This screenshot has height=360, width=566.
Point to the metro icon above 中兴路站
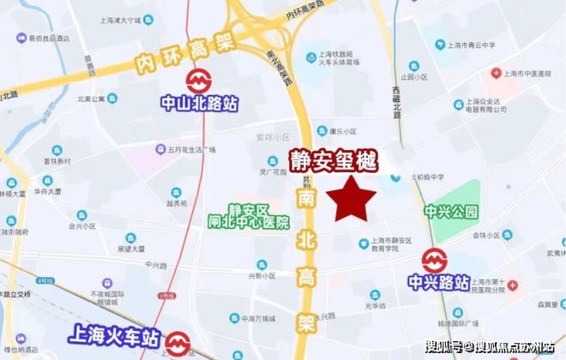434,258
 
